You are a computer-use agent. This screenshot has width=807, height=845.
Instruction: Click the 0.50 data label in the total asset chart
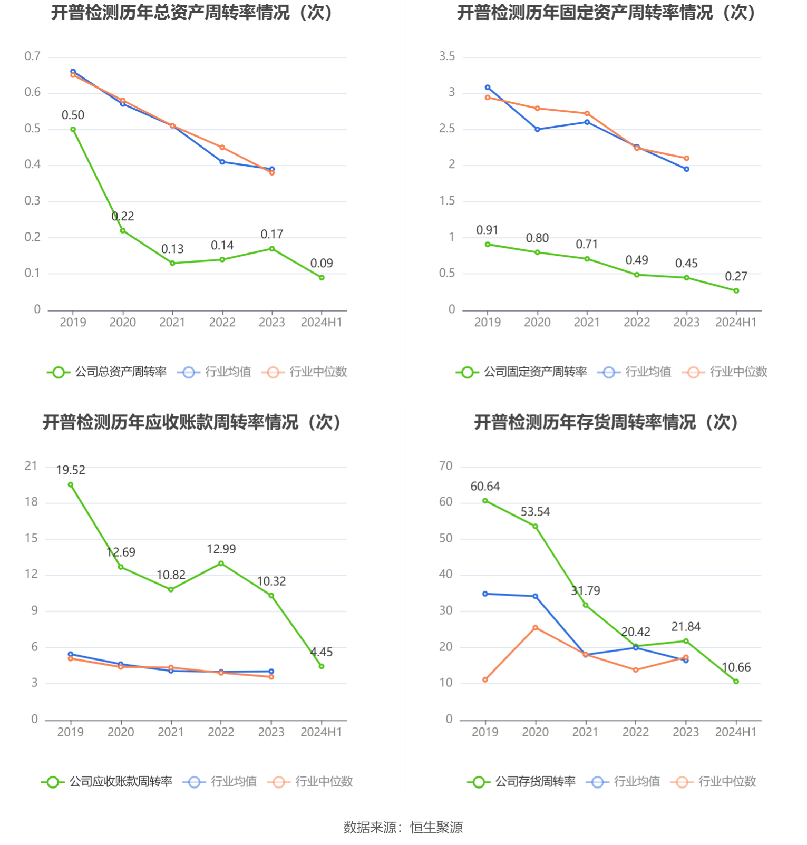(73, 115)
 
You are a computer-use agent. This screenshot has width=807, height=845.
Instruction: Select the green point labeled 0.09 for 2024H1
(322, 278)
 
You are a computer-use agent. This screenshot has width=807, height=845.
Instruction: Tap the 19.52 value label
(71, 470)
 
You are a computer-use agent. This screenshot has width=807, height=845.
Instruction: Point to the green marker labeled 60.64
(485, 501)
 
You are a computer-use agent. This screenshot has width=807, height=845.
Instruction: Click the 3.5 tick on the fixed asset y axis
(447, 56)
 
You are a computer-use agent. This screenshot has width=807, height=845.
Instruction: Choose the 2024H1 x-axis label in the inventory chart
(736, 732)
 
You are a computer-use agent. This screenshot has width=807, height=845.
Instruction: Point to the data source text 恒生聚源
(436, 828)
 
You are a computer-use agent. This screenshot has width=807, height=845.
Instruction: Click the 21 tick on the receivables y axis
(31, 466)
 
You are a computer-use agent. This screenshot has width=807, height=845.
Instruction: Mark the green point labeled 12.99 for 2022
(221, 564)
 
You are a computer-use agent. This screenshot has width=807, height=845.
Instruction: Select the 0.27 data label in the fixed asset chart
(736, 276)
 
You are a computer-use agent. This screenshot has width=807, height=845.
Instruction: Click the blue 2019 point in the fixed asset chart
(488, 88)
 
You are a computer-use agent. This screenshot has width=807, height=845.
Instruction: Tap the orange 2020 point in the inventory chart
(536, 628)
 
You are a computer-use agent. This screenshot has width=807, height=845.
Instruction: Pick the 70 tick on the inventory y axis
(446, 466)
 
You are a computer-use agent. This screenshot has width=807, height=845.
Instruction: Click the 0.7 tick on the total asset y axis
(32, 56)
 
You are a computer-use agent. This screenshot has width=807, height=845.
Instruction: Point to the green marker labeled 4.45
(322, 666)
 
